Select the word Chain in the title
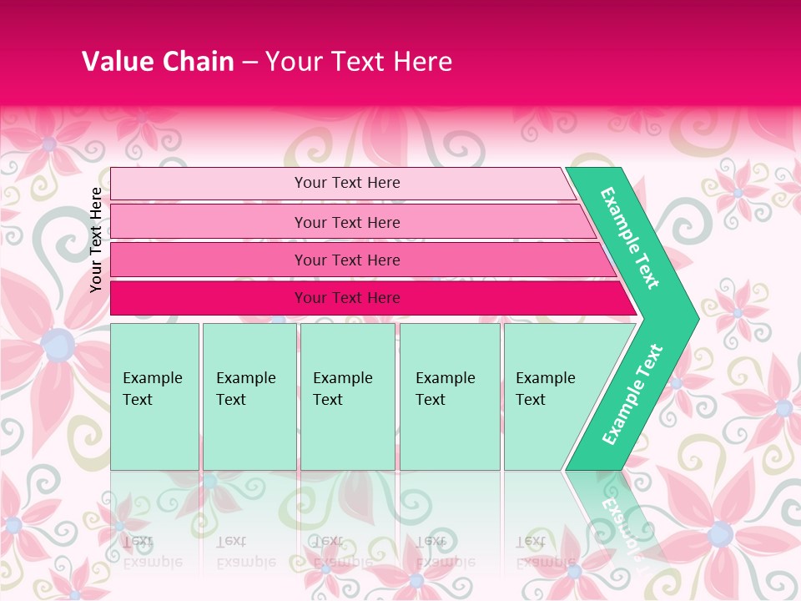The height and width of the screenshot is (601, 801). [198, 62]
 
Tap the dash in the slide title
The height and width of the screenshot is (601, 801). [249, 63]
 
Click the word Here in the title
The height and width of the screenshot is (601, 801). [422, 62]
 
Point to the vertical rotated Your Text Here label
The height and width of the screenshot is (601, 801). [96, 240]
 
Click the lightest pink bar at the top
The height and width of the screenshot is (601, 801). [346, 183]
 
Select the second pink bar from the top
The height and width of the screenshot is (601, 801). [346, 222]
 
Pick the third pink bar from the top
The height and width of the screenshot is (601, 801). [346, 260]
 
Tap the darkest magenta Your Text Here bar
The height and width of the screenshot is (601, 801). [346, 298]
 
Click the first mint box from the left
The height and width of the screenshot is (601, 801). [154, 396]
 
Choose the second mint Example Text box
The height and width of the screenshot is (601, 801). [249, 396]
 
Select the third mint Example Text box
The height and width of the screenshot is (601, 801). [347, 396]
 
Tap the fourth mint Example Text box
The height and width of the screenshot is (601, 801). [449, 396]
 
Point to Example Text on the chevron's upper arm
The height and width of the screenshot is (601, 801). [630, 238]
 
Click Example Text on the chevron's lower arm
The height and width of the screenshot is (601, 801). [632, 395]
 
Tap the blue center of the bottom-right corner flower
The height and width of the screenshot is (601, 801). [720, 533]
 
